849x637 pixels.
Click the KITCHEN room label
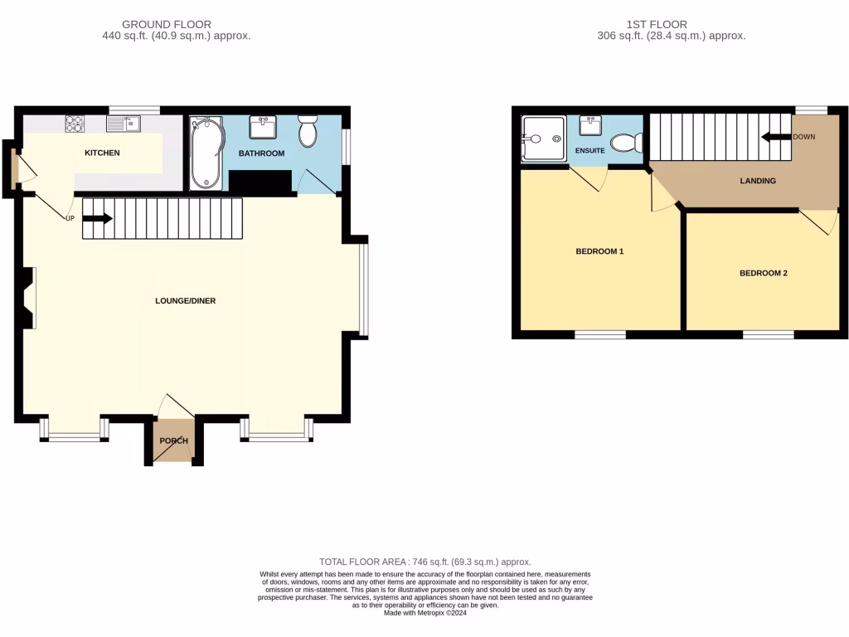coord(102,153)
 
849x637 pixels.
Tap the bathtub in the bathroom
coord(206,153)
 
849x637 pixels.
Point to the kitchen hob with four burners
coord(75,124)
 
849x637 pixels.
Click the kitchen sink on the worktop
coord(124,124)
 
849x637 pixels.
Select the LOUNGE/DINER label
coord(185,300)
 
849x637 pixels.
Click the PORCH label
coord(174,440)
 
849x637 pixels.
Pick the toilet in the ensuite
coord(625,143)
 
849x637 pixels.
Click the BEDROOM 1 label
coord(599,250)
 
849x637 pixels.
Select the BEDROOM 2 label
coord(763,273)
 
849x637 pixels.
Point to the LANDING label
coord(759,181)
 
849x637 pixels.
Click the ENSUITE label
coord(589,151)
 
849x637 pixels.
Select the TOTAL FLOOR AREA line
coord(424,562)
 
